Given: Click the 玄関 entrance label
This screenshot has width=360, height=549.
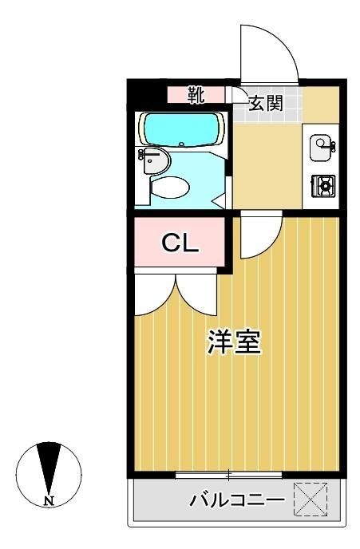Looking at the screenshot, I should point(264,103).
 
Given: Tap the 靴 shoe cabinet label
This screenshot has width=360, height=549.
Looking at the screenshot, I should point(196,94).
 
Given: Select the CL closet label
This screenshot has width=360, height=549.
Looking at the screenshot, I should point(180,243).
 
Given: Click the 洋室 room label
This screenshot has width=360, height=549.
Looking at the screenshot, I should point(233,344).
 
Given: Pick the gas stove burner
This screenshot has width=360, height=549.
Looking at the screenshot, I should point(324,186).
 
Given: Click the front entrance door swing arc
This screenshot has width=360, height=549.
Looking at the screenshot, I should point(271,52).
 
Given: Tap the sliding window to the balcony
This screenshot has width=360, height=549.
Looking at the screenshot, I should point(228,476).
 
